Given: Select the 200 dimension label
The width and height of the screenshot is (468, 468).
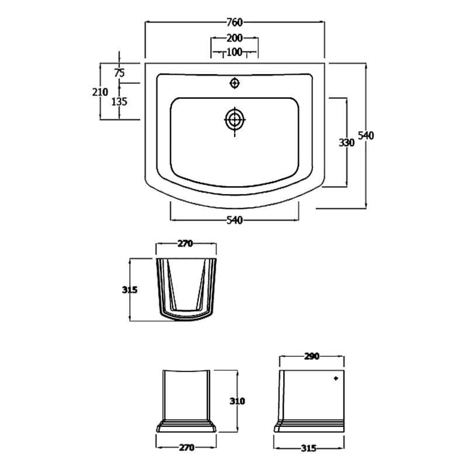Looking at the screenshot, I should [234, 38].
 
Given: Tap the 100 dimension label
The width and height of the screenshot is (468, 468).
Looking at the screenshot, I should [234, 52].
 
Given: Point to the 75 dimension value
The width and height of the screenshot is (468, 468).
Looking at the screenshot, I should [119, 73].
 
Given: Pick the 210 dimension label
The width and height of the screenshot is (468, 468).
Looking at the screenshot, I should [100, 92].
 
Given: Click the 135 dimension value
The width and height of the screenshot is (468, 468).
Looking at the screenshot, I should [119, 101].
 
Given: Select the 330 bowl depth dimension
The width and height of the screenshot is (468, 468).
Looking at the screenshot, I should [346, 143].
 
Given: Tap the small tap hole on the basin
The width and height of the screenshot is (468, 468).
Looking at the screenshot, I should [235, 83].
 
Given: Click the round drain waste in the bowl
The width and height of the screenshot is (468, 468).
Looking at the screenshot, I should [235, 120].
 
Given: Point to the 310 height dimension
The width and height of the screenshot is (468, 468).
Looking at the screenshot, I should [236, 401].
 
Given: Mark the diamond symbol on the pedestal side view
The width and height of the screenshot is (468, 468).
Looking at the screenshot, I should [336, 379].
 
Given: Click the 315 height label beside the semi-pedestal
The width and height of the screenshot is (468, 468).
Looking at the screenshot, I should [130, 290].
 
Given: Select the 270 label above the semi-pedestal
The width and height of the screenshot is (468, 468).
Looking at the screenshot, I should [185, 244].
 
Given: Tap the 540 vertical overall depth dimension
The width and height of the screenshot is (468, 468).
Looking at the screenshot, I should [366, 136].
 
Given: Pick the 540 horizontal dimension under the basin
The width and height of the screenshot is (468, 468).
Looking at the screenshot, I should [234, 220].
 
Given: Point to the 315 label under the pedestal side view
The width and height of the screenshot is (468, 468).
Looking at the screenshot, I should [309, 448].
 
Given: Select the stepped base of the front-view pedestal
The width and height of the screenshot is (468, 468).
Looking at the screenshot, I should [186, 425].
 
